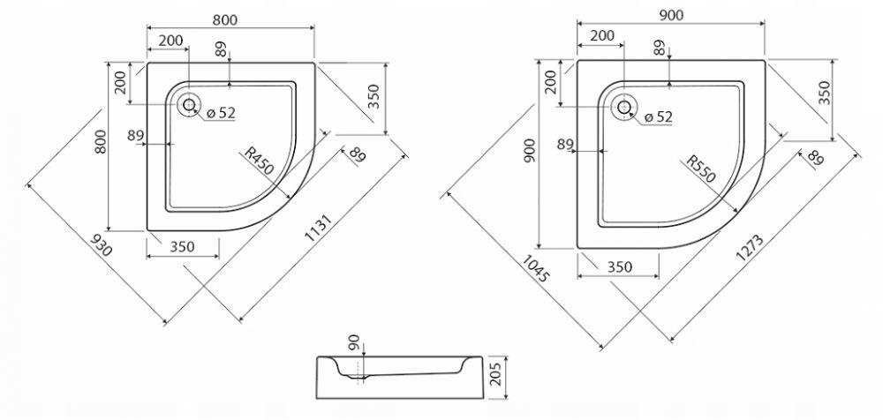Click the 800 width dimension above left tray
click(x=225, y=19)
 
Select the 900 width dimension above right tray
click(x=671, y=15)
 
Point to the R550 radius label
click(x=700, y=169)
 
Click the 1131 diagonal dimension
click(x=320, y=228)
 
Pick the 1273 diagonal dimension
click(x=750, y=248)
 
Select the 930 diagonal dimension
click(x=102, y=244)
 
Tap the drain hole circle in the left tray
click(x=189, y=104)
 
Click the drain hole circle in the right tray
click(x=624, y=107)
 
